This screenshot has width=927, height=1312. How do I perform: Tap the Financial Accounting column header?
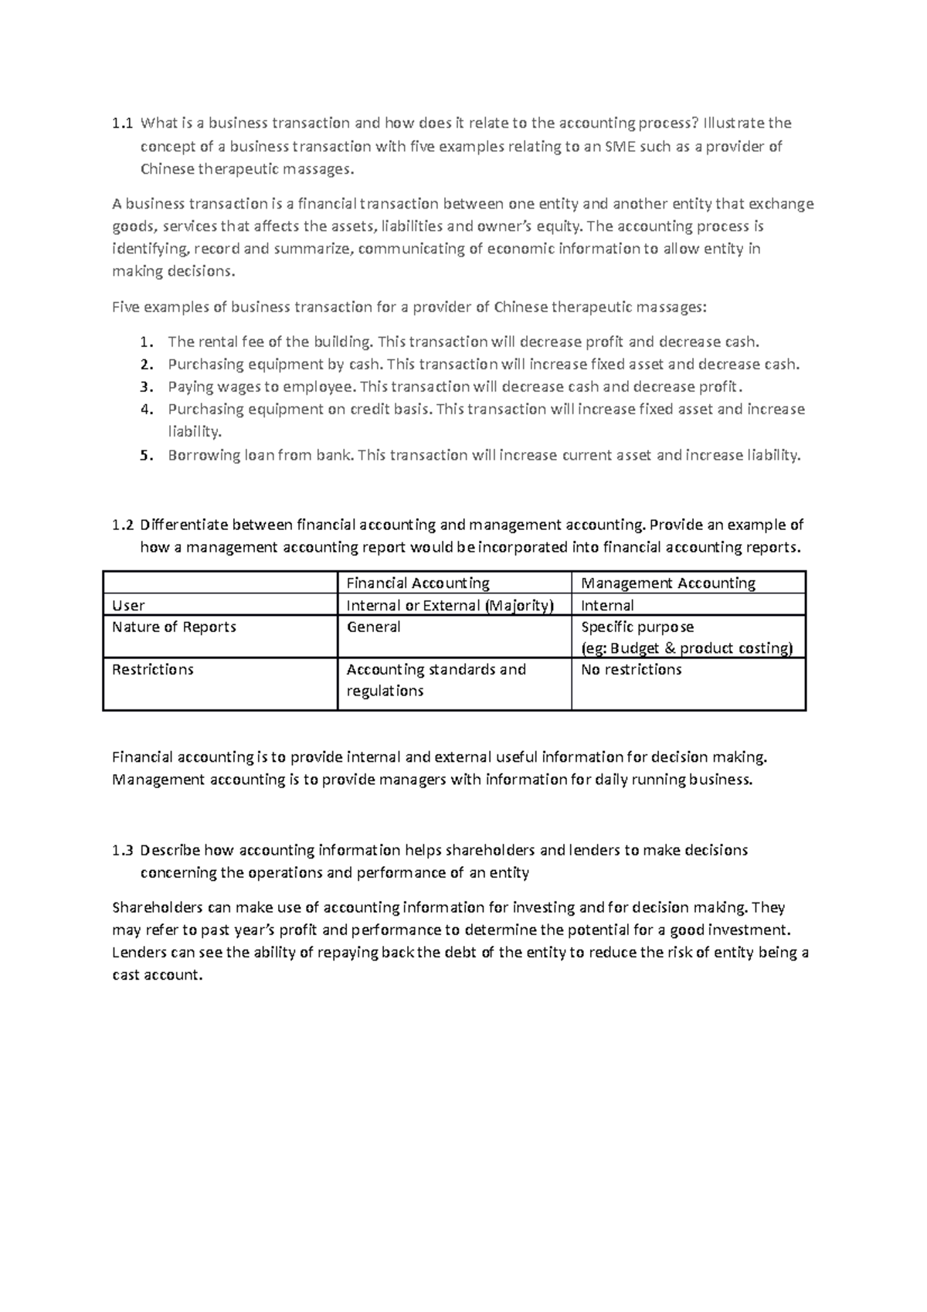click(418, 583)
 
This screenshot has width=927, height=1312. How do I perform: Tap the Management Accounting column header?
click(668, 583)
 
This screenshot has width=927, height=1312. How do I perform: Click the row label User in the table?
click(128, 606)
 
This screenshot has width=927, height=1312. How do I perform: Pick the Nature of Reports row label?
click(174, 627)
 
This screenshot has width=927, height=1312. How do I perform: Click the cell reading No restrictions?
click(631, 670)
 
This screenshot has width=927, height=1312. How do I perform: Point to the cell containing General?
click(373, 627)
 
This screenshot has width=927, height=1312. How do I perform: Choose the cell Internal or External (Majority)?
click(450, 606)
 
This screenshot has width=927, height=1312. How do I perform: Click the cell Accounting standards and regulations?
click(436, 680)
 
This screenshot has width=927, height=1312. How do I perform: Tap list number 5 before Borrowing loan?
click(144, 456)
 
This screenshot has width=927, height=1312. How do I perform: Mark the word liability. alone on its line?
click(195, 433)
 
